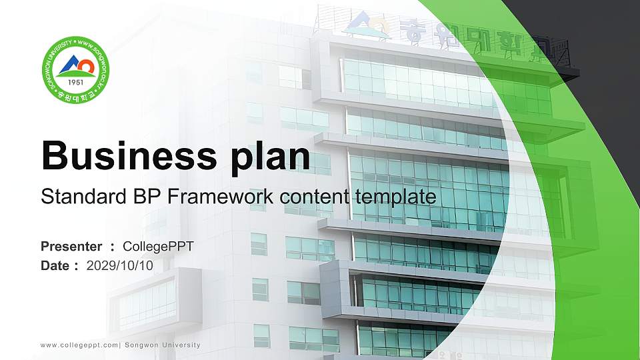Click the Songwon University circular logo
(x=76, y=69)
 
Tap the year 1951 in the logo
(x=76, y=82)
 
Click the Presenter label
(x=71, y=247)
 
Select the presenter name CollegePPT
(x=159, y=247)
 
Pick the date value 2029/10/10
(x=120, y=266)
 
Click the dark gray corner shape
(x=600, y=40)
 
